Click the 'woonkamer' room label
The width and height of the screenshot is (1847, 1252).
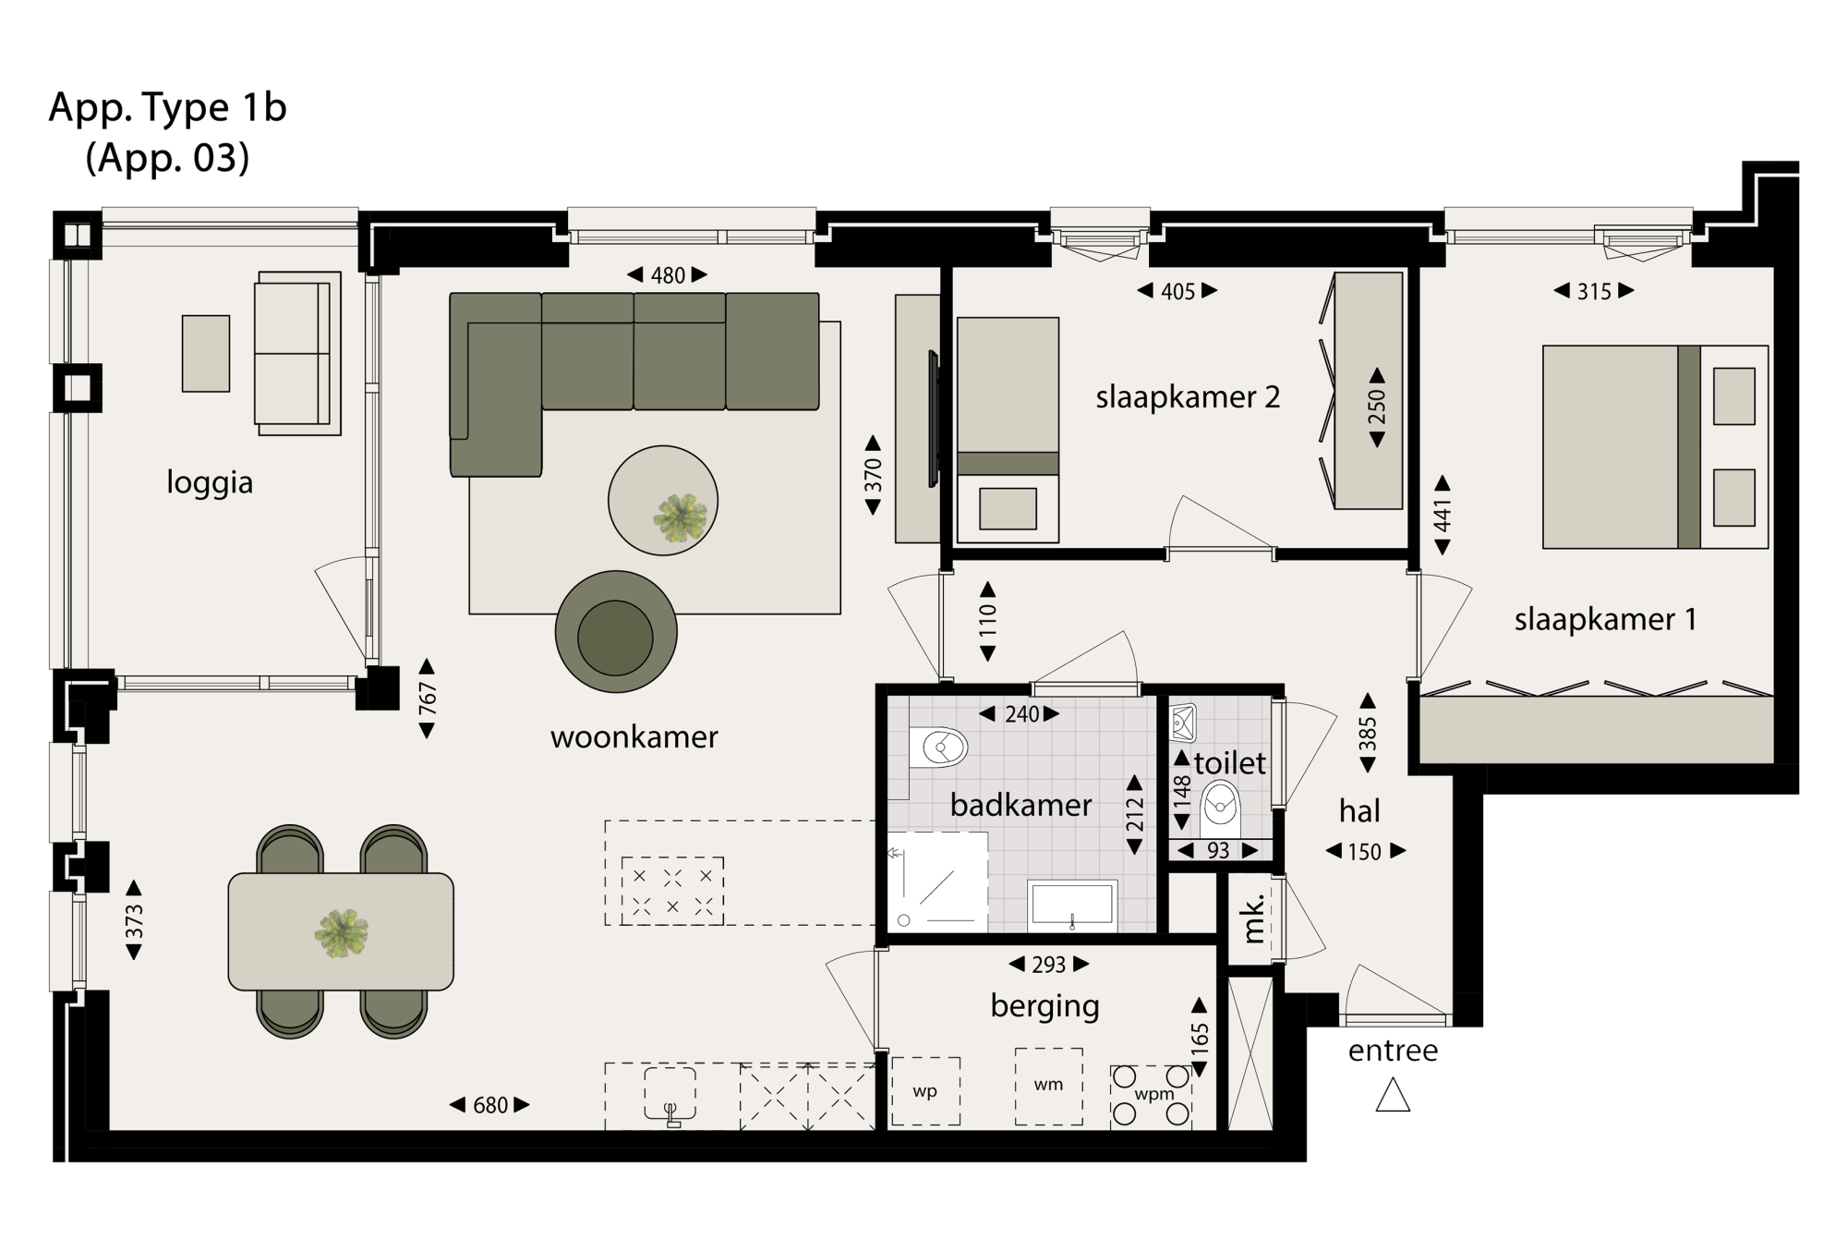pos(634,737)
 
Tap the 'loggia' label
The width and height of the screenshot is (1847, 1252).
pos(210,482)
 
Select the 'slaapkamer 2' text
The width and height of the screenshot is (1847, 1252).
pos(1188,397)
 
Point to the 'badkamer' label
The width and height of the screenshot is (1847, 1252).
pos(1020,805)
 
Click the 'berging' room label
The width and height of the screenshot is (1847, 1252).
pos(1044,1005)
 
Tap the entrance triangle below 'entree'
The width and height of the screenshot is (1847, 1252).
pos(1393,1096)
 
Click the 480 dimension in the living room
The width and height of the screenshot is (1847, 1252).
pos(668,275)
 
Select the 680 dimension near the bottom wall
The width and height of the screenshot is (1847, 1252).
pos(489,1105)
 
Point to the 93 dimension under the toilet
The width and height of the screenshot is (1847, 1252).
pos(1218,851)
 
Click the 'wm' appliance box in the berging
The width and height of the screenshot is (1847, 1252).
pos(1049,1086)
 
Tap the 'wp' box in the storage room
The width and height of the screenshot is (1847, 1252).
pos(925,1091)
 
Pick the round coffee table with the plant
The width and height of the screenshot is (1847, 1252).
pos(663,501)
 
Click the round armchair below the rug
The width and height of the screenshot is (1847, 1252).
pos(616,632)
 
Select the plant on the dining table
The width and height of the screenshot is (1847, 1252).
pos(342,933)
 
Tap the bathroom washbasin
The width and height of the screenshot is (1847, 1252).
pos(1072,906)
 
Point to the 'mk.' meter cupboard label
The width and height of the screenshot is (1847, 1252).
pos(1252,918)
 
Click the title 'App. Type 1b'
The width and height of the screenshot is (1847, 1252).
pos(168,108)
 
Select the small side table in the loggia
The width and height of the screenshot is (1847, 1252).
pos(206,354)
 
